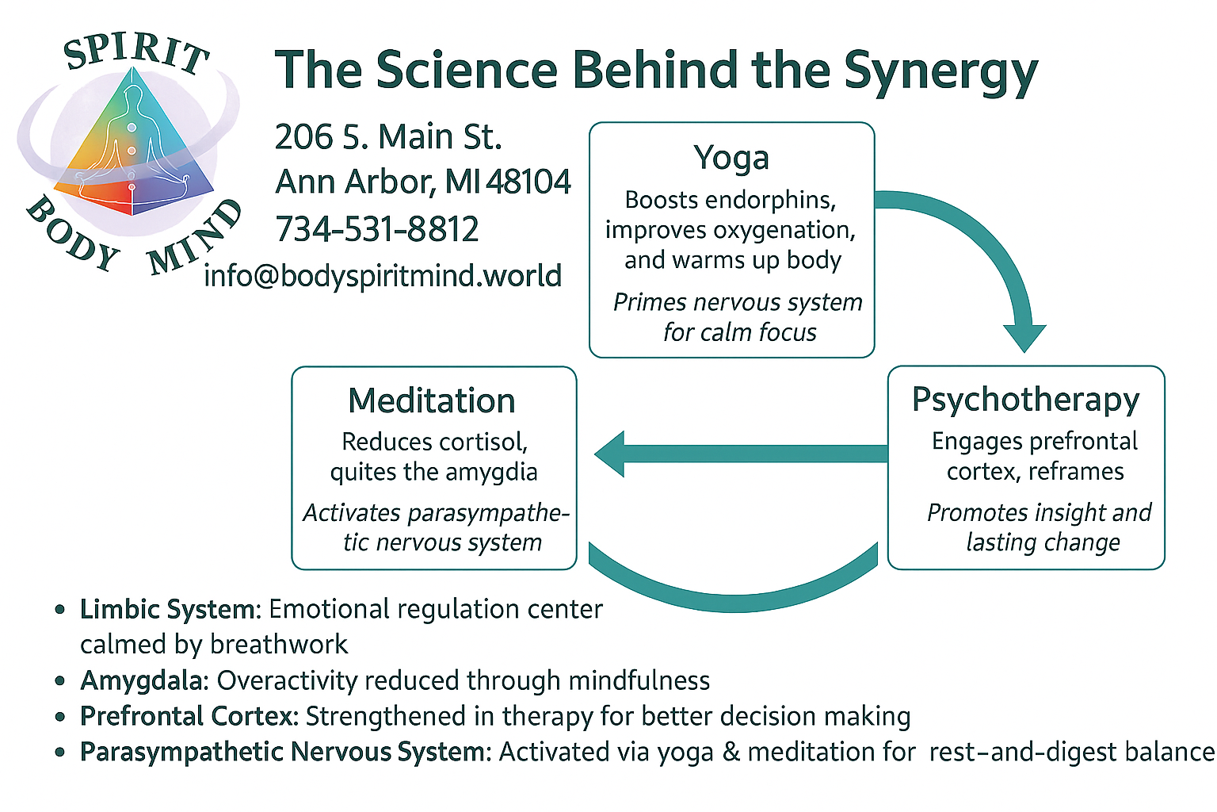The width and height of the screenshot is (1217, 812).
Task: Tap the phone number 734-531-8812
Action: (377, 230)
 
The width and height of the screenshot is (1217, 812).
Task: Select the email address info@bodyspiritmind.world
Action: (383, 276)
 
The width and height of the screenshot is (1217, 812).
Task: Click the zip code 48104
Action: (528, 182)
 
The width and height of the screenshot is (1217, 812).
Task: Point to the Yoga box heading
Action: (731, 157)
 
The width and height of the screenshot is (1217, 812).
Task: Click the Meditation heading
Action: (432, 400)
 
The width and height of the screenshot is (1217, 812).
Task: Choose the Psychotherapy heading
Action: (1025, 399)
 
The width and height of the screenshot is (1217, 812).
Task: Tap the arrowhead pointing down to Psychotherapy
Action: (1024, 337)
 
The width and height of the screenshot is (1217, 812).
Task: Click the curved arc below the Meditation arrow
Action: (734, 595)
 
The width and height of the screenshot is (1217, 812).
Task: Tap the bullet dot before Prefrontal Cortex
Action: (60, 717)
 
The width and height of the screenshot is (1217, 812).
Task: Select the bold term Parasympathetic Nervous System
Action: (283, 752)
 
